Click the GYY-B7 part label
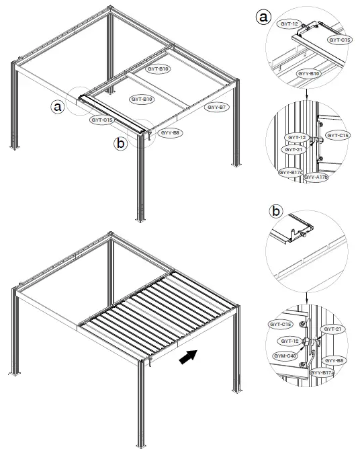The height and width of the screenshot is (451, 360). [x=217, y=108]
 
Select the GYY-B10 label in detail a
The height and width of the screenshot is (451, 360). [x=308, y=73]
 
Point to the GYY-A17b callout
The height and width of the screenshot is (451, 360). [x=316, y=177]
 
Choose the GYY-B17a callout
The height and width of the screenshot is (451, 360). [x=323, y=372]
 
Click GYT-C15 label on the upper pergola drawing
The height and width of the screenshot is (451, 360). [x=101, y=120]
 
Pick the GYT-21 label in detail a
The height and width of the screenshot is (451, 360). [x=294, y=149]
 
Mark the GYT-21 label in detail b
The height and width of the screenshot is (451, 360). [x=333, y=329]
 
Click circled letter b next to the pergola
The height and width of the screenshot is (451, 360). [x=120, y=143]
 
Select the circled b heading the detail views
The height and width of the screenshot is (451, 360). [x=276, y=210]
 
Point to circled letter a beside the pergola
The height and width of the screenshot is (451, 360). [x=58, y=106]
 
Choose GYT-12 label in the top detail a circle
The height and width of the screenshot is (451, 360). [x=289, y=23]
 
